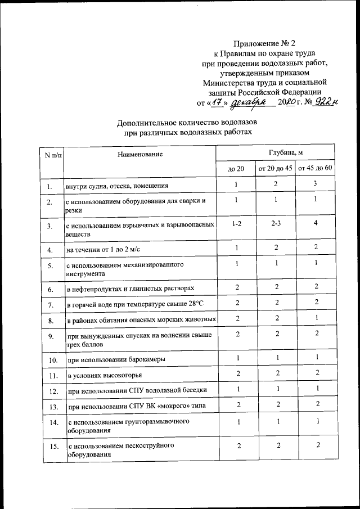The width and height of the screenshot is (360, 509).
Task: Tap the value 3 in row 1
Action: point(316,184)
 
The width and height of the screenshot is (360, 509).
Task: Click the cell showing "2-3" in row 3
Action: point(276,223)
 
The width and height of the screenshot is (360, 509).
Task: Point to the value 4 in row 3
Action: point(316,223)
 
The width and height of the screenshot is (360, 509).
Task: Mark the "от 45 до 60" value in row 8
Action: point(316,318)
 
